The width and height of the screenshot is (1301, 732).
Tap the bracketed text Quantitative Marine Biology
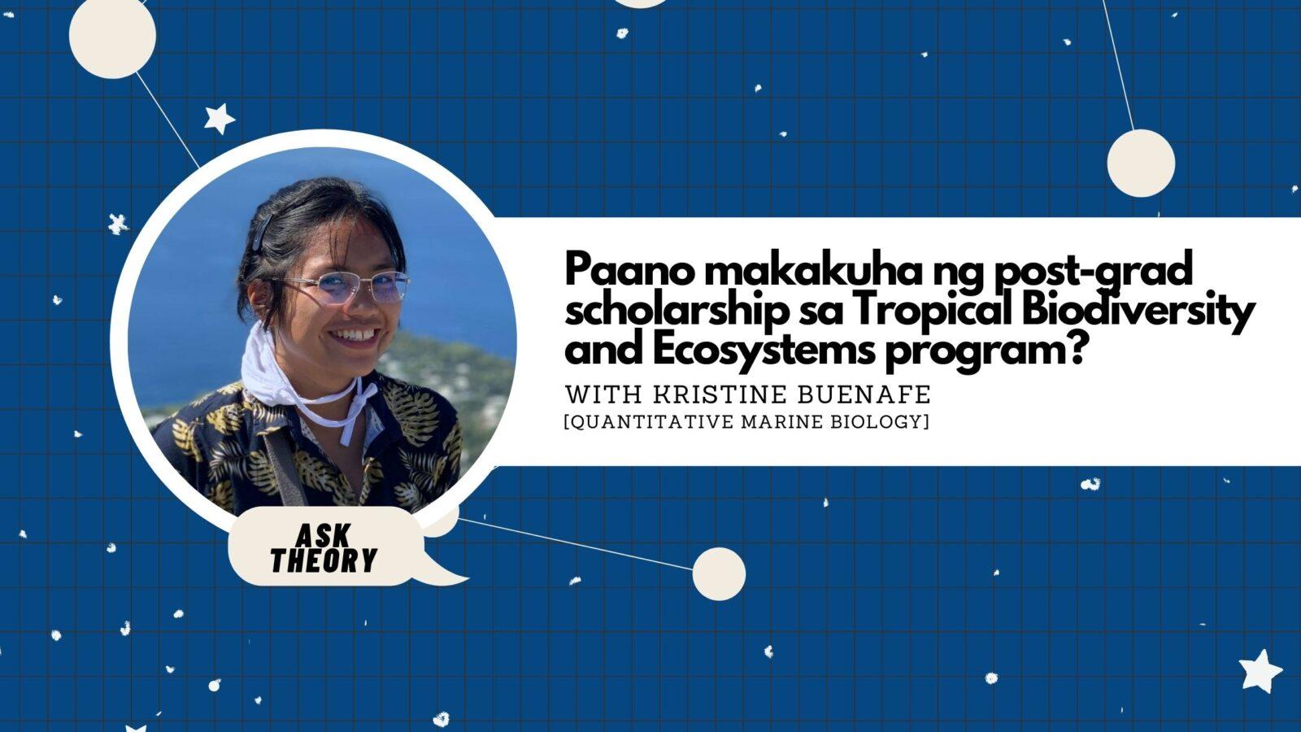[746, 422]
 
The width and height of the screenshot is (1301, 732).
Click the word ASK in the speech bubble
[323, 536]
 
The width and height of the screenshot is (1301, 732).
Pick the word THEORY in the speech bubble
[324, 560]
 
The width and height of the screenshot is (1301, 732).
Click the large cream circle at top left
[112, 37]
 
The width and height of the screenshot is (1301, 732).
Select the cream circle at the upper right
[1141, 163]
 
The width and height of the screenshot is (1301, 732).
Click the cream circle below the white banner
[719, 573]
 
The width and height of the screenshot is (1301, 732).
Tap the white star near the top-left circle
[219, 119]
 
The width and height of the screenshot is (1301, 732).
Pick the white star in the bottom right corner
[1260, 670]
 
